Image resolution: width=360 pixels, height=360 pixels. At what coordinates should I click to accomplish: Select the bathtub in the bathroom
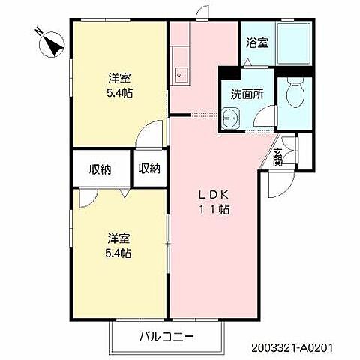[293, 45]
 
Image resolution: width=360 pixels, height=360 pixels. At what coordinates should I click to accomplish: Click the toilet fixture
[294, 94]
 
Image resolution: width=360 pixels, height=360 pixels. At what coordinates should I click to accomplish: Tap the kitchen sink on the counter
[180, 73]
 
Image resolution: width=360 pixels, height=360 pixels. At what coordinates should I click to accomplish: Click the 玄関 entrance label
[277, 157]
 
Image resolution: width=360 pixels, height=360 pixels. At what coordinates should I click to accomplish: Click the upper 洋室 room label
[118, 78]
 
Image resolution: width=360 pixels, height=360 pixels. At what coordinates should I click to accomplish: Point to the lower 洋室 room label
[118, 238]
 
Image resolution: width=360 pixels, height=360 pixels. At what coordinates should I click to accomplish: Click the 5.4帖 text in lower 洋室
[118, 253]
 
